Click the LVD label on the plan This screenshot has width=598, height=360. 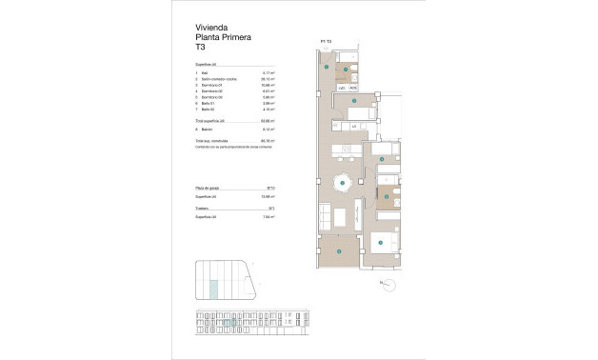pos(343,88)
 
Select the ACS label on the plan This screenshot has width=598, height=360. pos(353,88)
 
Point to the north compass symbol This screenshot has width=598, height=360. pos(385,282)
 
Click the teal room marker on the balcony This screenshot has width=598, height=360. pos(339,250)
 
